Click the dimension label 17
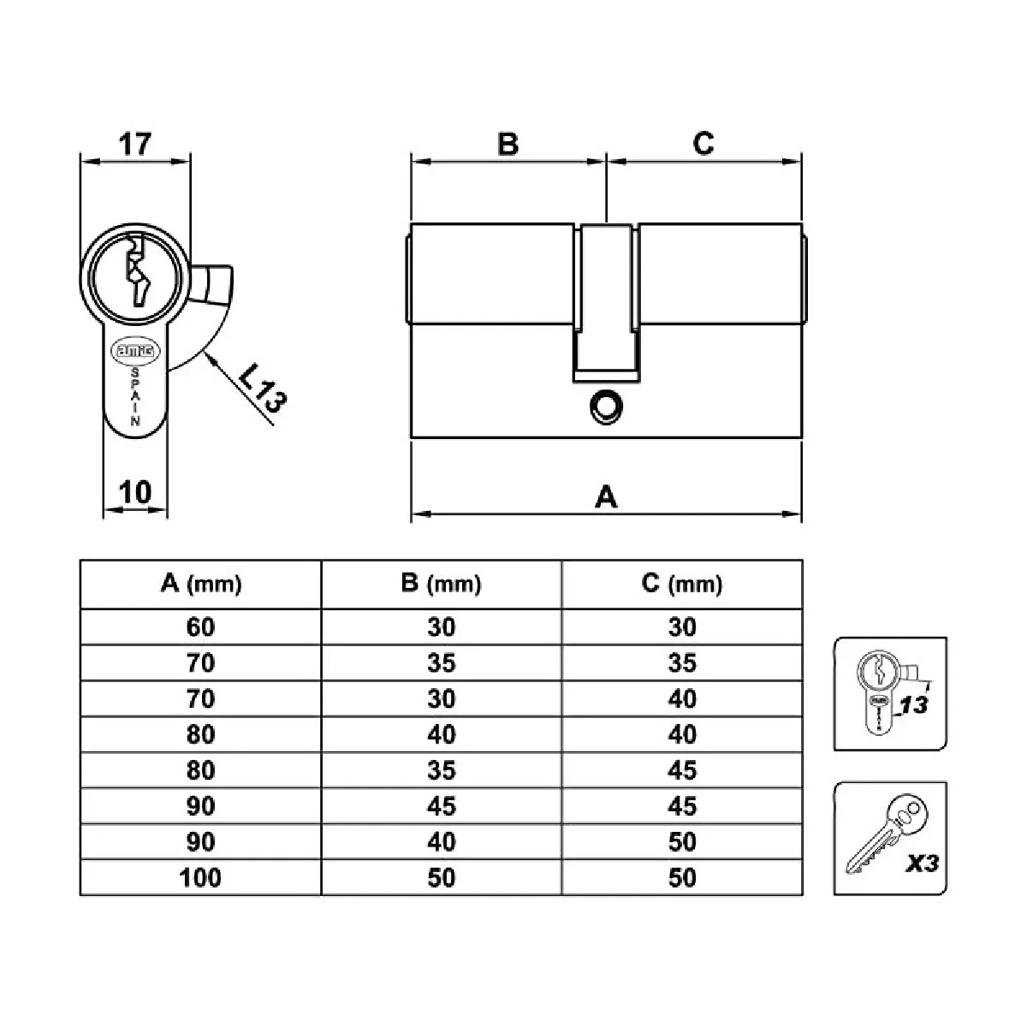coord(134,144)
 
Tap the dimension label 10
coord(134,492)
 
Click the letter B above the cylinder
coord(508,144)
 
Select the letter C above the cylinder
coord(703,144)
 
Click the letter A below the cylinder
coord(606,496)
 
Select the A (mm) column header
coord(201,585)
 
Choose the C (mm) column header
coord(682,585)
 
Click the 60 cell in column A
coord(201,627)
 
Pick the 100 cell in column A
coord(201,877)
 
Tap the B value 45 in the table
coord(442,806)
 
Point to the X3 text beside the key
coord(921,864)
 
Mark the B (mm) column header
coord(442,585)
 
